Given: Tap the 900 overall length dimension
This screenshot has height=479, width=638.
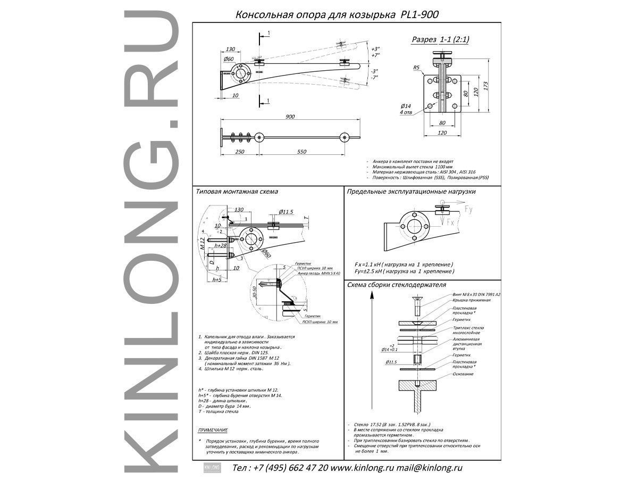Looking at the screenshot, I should (290, 116).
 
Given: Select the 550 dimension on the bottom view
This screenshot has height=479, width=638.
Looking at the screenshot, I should (301, 152).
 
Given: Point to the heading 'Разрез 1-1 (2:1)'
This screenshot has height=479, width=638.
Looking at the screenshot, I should (441, 40).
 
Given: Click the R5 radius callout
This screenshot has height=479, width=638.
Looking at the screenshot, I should (416, 68).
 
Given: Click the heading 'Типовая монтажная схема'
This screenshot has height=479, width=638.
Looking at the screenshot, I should (237, 191).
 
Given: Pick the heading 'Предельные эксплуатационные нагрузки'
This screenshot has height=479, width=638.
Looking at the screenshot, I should (411, 191).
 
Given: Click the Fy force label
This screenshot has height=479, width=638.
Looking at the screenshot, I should (468, 210).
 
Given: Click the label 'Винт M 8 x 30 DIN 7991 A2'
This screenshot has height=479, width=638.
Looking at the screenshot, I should (476, 294).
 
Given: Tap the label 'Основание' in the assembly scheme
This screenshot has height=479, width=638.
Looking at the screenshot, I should (463, 374).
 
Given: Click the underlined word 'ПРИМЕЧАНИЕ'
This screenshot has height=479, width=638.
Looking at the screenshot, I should (213, 430).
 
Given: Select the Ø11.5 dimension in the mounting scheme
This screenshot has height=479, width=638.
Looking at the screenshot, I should (287, 211).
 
